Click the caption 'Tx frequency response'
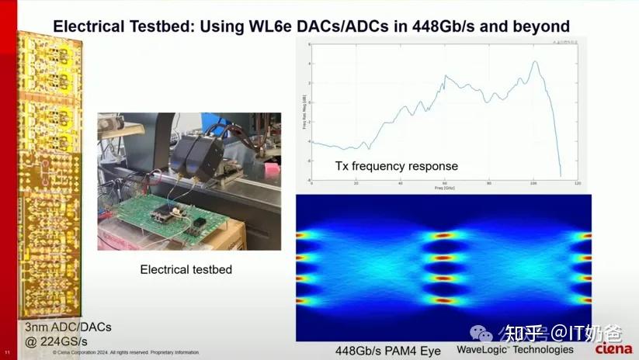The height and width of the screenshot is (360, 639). point(396,166)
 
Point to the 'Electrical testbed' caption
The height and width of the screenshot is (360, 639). point(186,270)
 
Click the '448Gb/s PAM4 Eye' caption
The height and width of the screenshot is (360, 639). point(387,351)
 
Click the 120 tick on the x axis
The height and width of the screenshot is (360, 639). point(577,183)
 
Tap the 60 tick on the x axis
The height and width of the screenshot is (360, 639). point(445,183)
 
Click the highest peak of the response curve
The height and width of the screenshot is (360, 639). point(534,61)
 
